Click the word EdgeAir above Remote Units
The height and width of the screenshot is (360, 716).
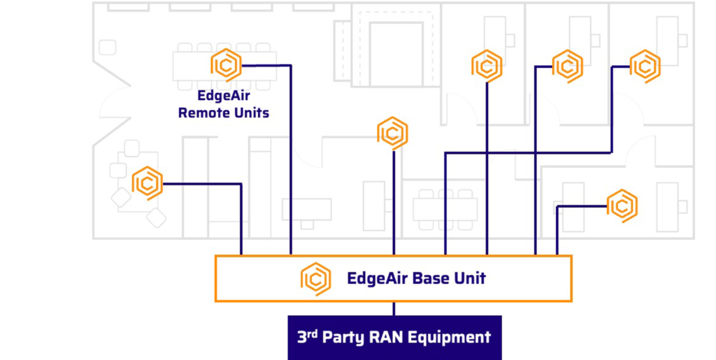tap(223, 96)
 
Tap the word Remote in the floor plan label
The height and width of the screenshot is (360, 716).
tap(199, 113)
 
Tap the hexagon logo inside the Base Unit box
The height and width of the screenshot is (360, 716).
tap(315, 279)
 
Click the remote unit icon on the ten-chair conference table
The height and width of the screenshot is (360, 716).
tap(226, 65)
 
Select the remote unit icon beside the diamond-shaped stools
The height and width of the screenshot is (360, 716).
tap(147, 183)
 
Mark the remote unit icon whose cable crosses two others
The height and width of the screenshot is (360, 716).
tap(645, 66)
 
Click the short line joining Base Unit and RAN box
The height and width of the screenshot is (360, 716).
tap(394, 308)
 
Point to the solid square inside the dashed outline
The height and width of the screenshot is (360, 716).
tap(396, 54)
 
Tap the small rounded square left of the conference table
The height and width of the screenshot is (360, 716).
tap(107, 48)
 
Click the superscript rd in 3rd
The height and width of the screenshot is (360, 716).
tap(312, 334)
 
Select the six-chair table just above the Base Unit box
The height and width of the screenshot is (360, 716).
tap(445, 210)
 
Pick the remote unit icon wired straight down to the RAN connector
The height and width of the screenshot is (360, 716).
tap(393, 134)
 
